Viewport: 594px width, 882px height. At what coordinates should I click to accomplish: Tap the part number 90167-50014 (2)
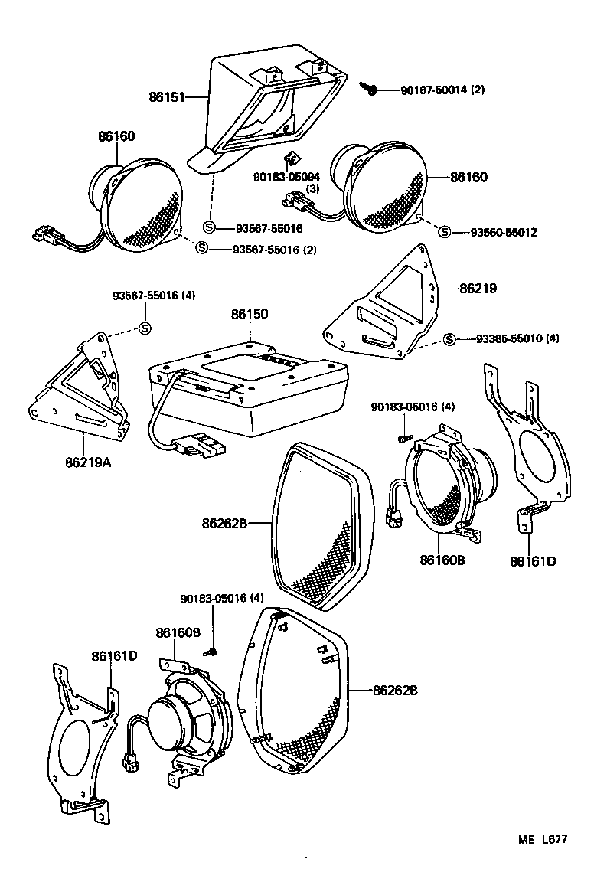pos(442,90)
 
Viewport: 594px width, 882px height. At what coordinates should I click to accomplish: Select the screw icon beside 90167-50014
pos(373,90)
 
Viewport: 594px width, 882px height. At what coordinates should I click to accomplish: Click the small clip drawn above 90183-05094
pos(290,158)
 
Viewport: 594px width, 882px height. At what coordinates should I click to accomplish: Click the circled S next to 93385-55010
pos(449,339)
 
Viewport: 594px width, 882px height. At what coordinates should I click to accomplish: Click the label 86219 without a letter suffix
pos(478,289)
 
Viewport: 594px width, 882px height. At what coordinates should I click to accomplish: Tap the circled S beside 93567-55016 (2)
pos(201,247)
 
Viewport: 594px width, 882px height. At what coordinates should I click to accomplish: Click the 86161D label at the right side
pos(533,561)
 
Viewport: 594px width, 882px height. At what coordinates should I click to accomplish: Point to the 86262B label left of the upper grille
pos(224,524)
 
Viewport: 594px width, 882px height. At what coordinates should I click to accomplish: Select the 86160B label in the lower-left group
pos(178,632)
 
